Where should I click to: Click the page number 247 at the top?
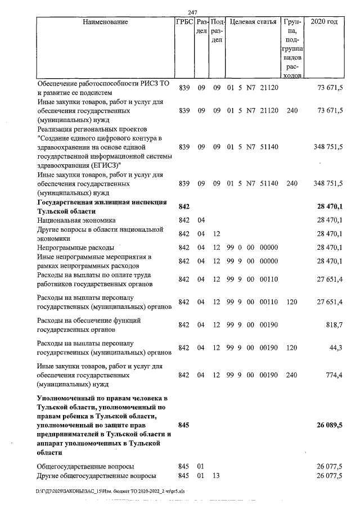click(x=192, y=12)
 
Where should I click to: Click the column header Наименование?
click(x=105, y=22)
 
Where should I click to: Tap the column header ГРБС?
click(x=185, y=22)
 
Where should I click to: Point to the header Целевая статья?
click(x=253, y=22)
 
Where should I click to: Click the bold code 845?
click(x=185, y=425)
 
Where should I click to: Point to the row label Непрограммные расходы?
click(x=75, y=247)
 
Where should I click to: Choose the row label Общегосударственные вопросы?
click(x=85, y=467)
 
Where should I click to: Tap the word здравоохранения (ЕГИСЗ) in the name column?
click(x=77, y=165)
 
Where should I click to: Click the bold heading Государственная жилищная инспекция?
click(x=101, y=202)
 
